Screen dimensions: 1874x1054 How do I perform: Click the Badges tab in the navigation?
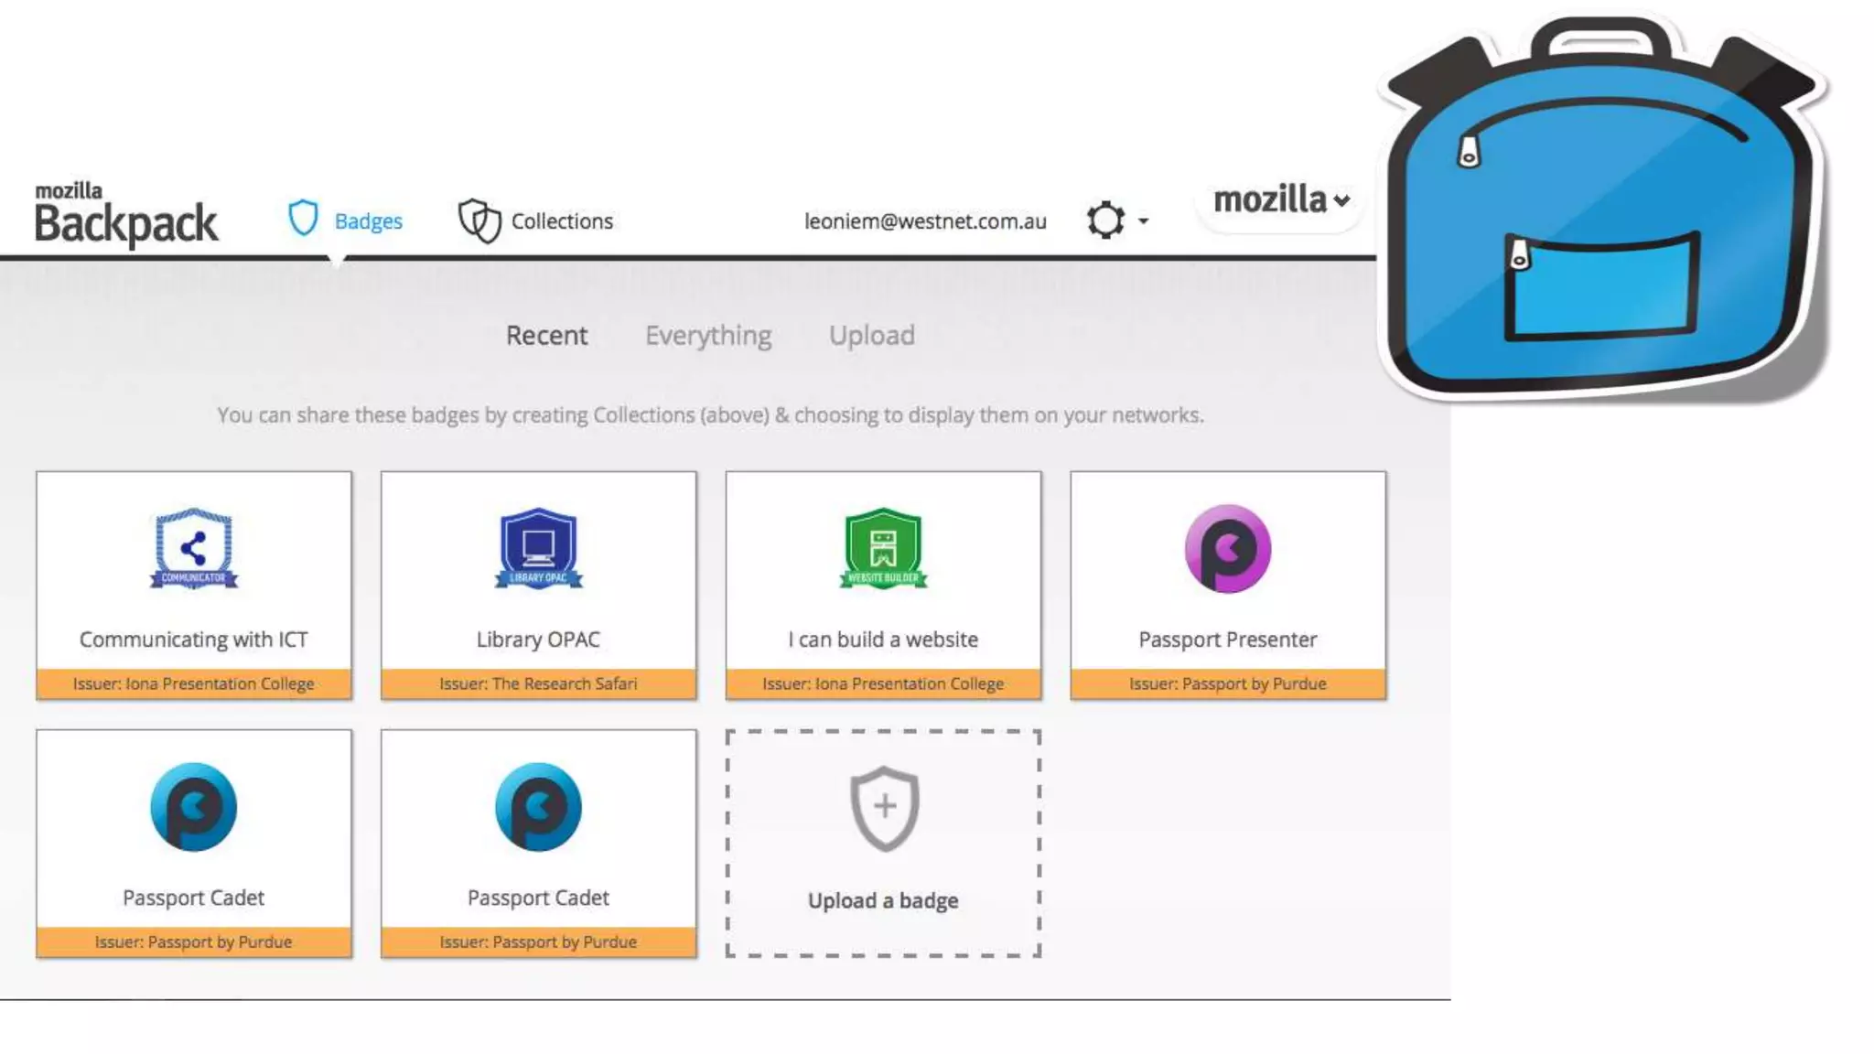[x=346, y=220]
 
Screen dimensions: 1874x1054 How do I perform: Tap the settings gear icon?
[x=1105, y=220]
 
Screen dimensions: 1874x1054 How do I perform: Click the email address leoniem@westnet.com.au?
[x=925, y=221]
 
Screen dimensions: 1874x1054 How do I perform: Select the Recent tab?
[x=546, y=336]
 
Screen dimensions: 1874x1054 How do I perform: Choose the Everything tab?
[x=708, y=336]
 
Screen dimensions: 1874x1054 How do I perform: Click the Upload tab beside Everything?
[x=871, y=336]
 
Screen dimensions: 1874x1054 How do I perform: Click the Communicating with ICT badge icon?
[x=193, y=549]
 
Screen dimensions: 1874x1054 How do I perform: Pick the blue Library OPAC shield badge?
[x=538, y=549]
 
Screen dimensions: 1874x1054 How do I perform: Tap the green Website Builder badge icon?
[x=883, y=549]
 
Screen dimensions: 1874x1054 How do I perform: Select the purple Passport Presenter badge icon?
[x=1228, y=549]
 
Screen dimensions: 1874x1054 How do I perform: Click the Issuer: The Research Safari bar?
[x=538, y=683]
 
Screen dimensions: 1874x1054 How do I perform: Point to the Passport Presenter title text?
[x=1228, y=640]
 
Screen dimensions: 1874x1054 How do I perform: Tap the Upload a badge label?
[x=883, y=900]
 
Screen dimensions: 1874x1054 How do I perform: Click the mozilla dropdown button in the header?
[x=1281, y=200]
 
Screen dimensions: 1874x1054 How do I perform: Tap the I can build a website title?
[x=883, y=640]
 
